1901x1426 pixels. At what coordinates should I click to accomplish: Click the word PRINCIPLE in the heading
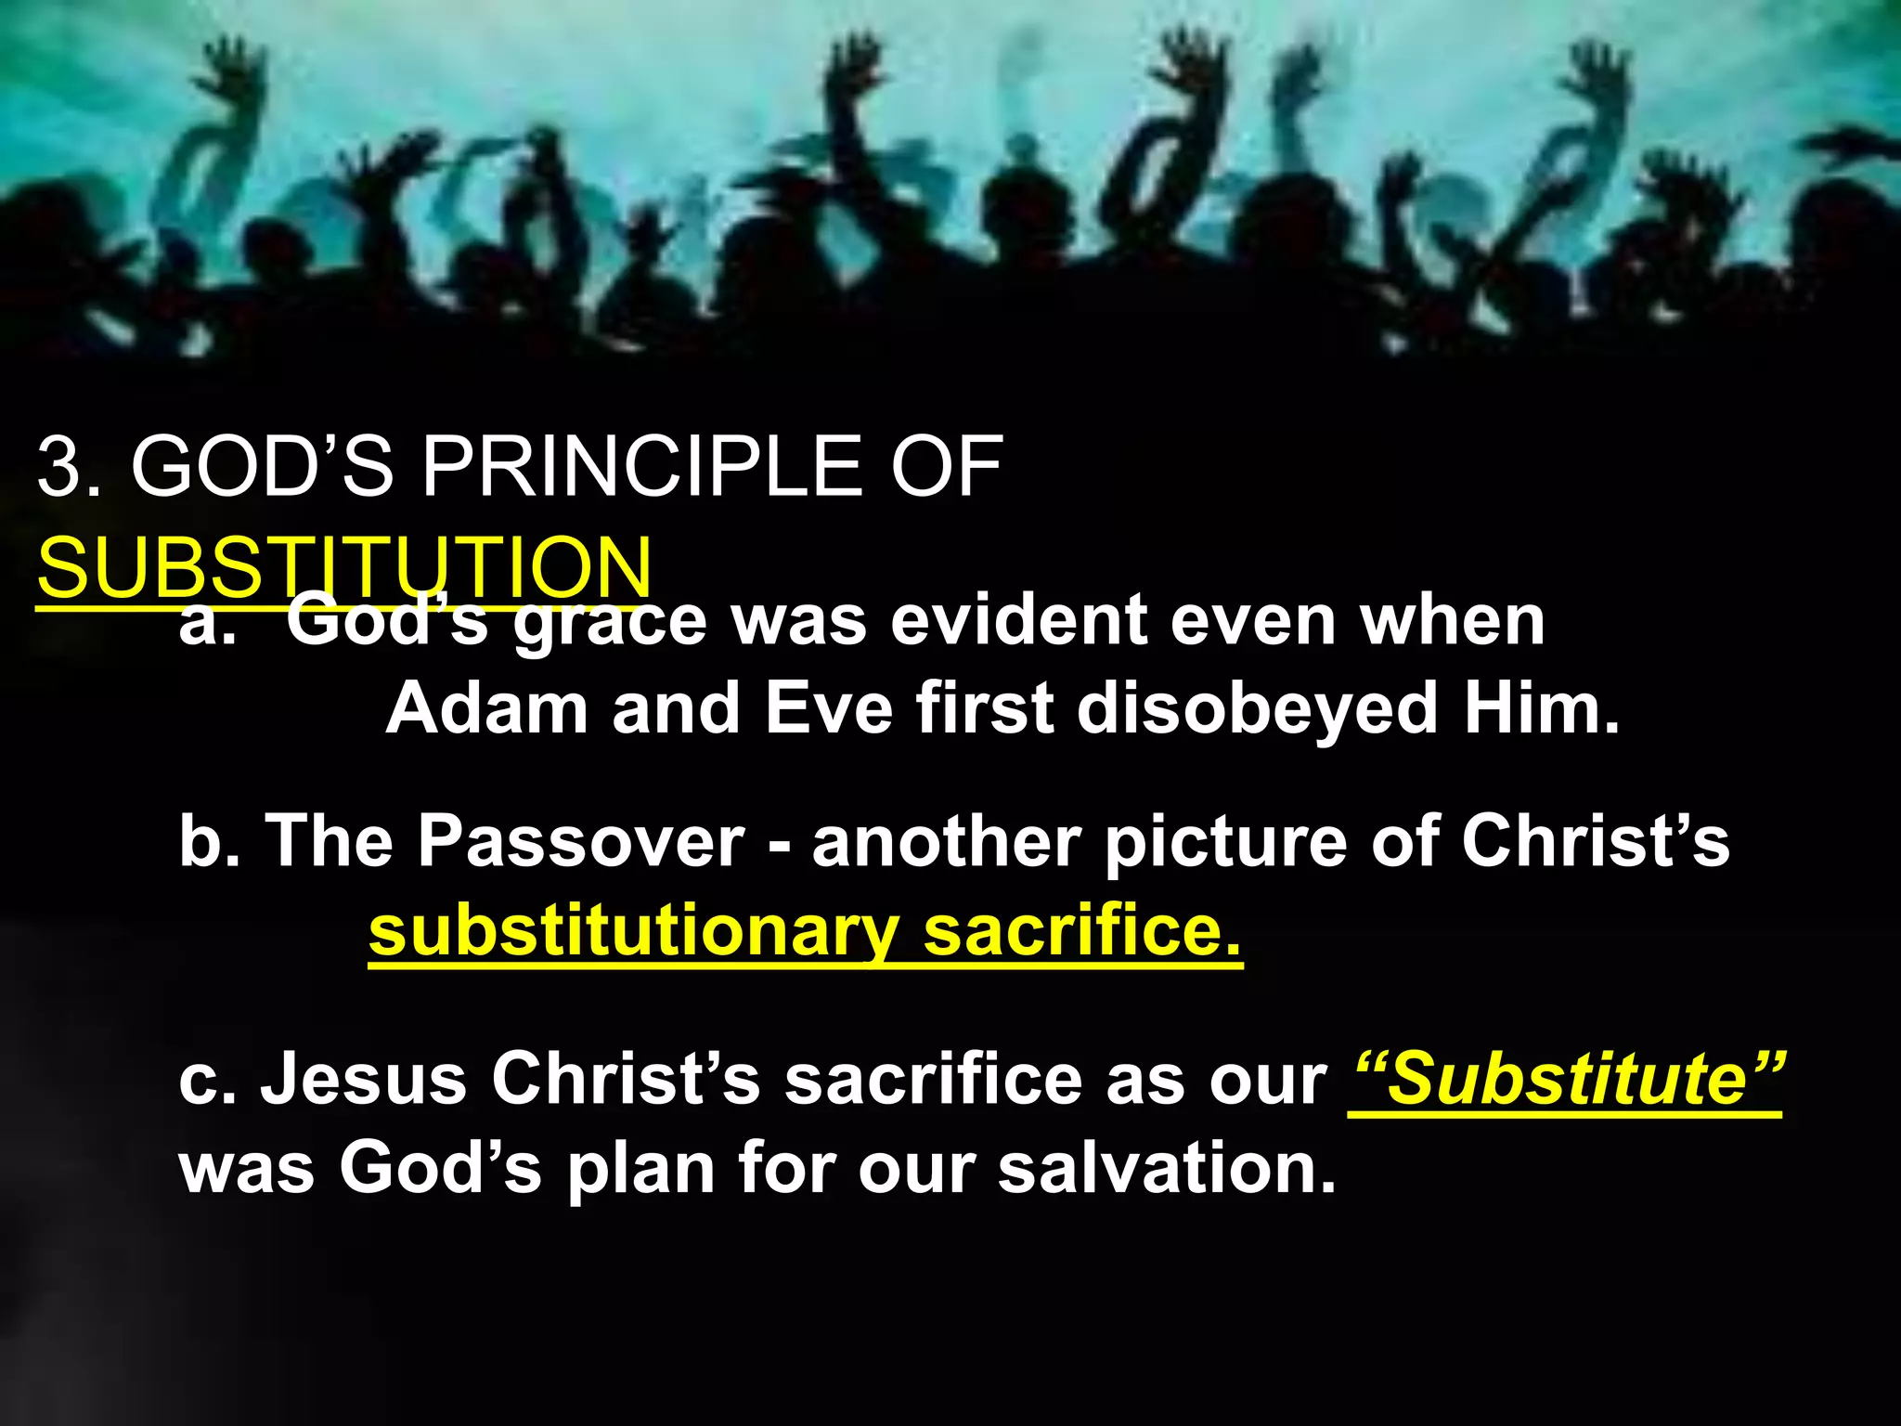[x=640, y=467]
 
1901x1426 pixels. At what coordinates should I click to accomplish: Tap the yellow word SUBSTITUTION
[x=344, y=568]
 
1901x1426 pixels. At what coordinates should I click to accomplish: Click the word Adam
[x=486, y=708]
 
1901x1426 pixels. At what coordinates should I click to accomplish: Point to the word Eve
[x=828, y=708]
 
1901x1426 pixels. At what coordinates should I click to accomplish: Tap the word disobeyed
[x=1257, y=708]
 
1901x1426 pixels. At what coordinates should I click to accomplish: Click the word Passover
[x=581, y=841]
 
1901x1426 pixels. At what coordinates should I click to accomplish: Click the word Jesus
[x=363, y=1079]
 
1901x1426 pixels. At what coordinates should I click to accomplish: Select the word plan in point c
[x=641, y=1169]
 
